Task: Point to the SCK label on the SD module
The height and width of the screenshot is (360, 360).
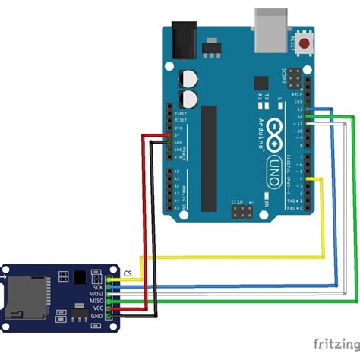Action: [x=97, y=288]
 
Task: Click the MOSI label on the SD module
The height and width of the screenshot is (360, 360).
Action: [x=96, y=295]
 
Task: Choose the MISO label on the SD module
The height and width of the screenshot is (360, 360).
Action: [x=96, y=302]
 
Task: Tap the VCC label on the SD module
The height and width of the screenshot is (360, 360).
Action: [x=97, y=308]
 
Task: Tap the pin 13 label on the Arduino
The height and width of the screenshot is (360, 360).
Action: [x=300, y=109]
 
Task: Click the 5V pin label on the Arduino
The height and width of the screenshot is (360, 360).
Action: [x=177, y=135]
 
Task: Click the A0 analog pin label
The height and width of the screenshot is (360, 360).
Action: [x=177, y=172]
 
